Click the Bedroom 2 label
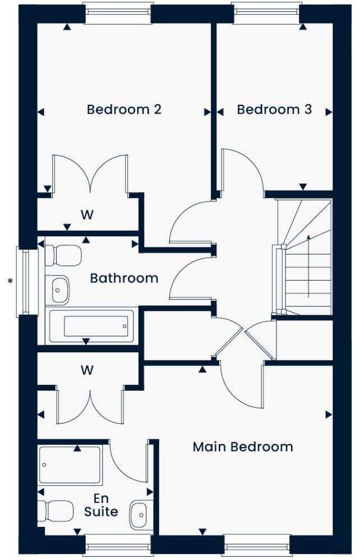click(x=124, y=109)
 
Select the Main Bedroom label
click(x=242, y=447)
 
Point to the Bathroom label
click(x=124, y=278)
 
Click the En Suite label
click(x=101, y=505)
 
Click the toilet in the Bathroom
click(x=62, y=255)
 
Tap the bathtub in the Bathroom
click(x=92, y=327)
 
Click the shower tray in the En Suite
click(x=70, y=465)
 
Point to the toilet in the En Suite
click(x=55, y=511)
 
